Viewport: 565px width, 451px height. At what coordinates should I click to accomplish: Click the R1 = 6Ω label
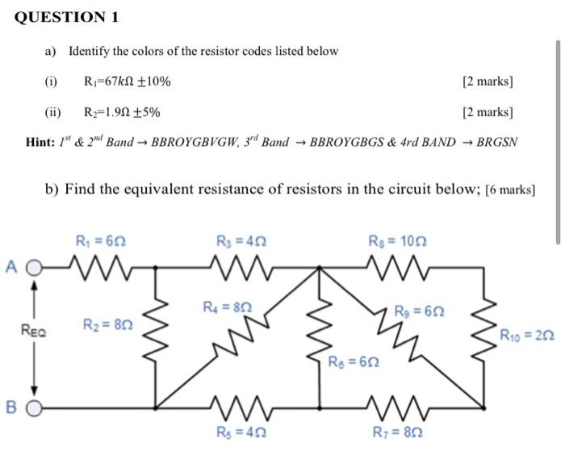(100, 240)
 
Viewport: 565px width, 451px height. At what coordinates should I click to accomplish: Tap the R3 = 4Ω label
(242, 240)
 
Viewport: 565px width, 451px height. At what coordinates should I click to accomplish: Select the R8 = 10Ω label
(394, 240)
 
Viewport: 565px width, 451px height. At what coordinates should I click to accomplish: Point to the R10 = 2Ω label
(527, 335)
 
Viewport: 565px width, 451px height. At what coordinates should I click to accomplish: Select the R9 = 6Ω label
(418, 311)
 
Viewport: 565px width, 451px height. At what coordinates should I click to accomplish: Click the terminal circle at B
(34, 408)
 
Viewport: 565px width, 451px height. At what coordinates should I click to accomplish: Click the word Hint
(39, 142)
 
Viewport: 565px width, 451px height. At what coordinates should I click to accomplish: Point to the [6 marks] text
(508, 190)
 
